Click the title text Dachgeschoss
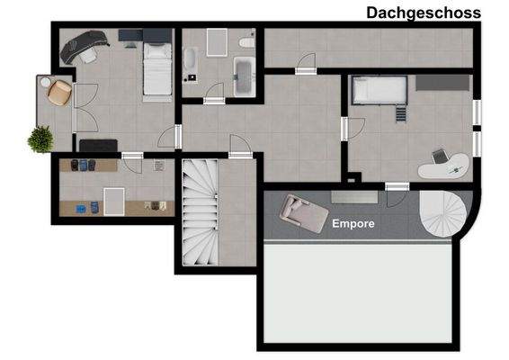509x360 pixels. (424, 12)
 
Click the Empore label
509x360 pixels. (353, 222)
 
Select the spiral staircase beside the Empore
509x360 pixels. (446, 217)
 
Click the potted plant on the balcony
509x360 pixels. (40, 139)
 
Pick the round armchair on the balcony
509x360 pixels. (59, 90)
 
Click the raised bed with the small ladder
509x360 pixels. (380, 91)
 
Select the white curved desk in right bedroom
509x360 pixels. (444, 163)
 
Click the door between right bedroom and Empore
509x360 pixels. (397, 186)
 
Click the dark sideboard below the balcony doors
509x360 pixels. (97, 145)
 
